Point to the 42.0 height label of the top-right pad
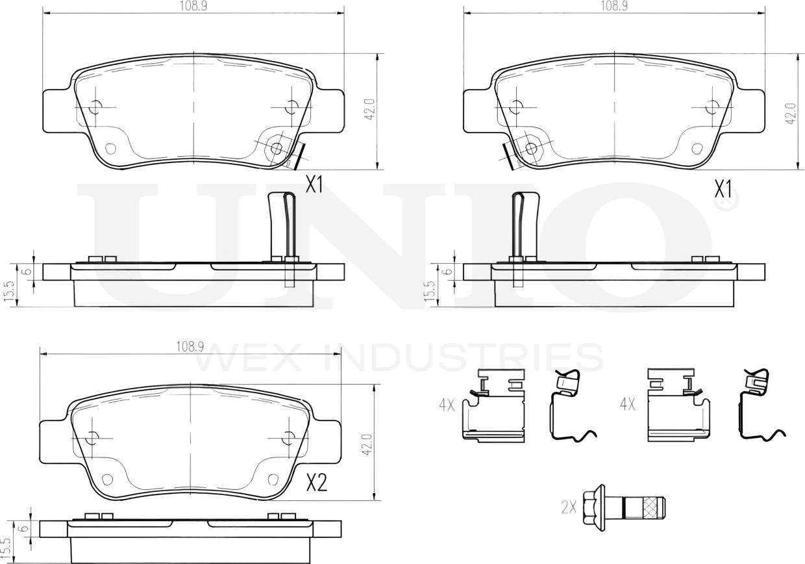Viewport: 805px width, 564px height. pyautogui.click(x=790, y=113)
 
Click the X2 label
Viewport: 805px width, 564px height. pyautogui.click(x=316, y=483)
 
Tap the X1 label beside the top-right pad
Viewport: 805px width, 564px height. pyautogui.click(x=723, y=190)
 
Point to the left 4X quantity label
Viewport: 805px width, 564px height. pyautogui.click(x=446, y=405)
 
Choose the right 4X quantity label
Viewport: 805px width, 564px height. pyautogui.click(x=627, y=405)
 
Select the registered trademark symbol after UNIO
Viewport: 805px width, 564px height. pyautogui.click(x=725, y=203)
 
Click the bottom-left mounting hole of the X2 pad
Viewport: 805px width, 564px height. pyautogui.click(x=108, y=480)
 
